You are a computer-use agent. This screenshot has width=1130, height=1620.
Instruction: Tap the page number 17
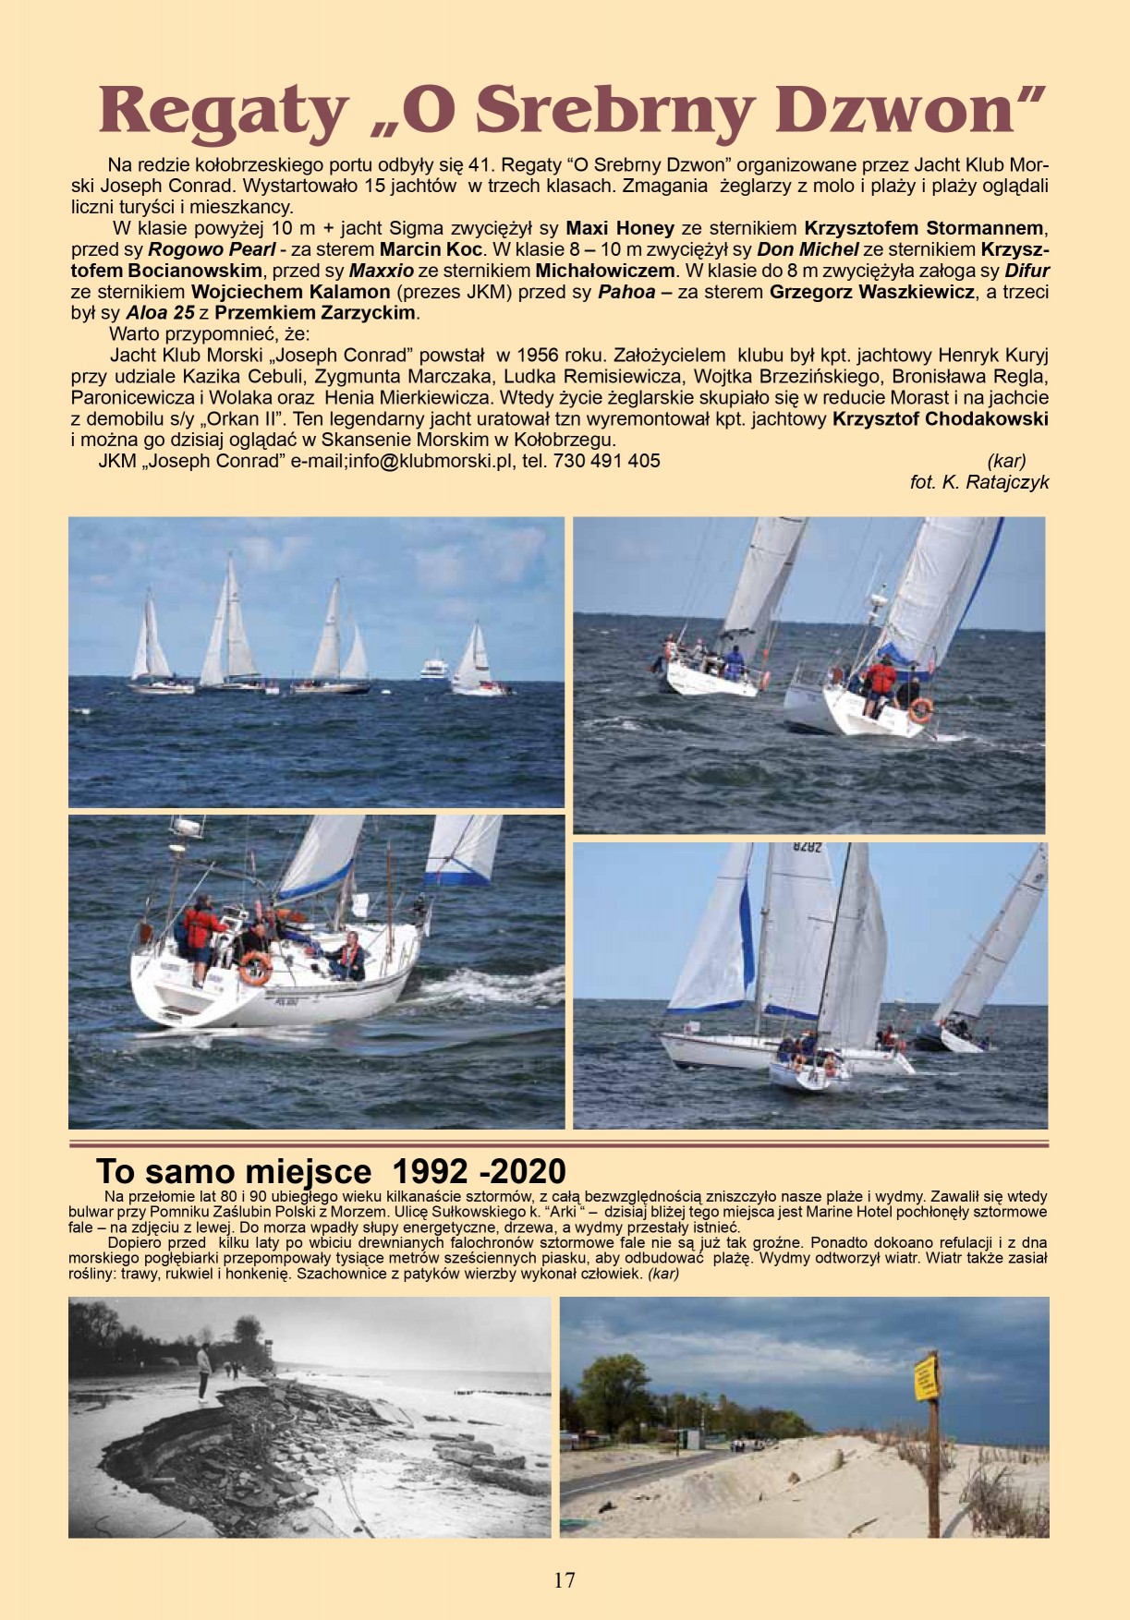[x=565, y=1580]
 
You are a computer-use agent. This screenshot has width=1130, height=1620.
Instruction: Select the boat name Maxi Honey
[x=620, y=227]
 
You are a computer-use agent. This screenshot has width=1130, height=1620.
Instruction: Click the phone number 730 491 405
[x=607, y=461]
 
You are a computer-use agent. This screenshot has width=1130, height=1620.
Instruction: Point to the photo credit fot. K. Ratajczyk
[x=979, y=482]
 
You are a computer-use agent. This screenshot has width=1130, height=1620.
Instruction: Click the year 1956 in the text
[x=545, y=356]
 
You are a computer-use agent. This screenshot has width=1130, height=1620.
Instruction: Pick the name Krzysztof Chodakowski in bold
[x=941, y=418]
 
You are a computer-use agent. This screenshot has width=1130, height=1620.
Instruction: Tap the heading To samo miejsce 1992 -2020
[x=331, y=1172]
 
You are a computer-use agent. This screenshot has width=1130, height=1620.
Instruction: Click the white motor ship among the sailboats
[x=435, y=668]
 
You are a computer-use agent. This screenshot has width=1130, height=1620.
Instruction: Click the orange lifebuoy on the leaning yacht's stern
[x=920, y=710]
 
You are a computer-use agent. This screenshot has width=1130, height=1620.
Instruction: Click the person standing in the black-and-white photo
[x=203, y=1374]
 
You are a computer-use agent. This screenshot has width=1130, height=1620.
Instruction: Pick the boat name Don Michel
[x=808, y=249]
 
